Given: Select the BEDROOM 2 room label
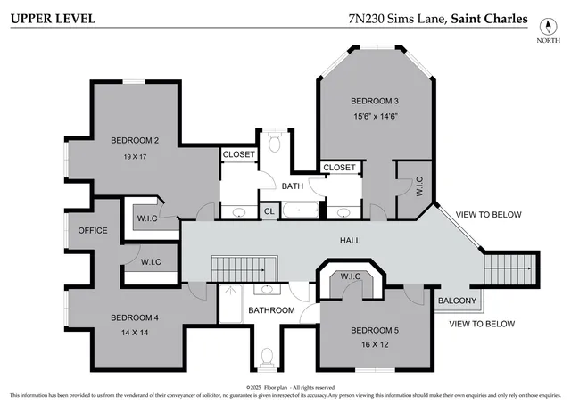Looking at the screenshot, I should click(135, 140).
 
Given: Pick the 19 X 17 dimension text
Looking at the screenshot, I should click(135, 156).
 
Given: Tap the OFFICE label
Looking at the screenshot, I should click(92, 230).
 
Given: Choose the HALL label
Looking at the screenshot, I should click(349, 241).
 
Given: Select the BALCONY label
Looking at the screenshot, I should click(457, 301).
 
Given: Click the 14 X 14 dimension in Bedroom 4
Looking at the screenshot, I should click(135, 333).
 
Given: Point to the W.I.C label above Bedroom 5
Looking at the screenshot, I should click(350, 276).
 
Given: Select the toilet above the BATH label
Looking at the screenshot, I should click(275, 141).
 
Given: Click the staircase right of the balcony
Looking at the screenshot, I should click(512, 268).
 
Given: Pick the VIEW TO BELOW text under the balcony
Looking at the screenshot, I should click(481, 324).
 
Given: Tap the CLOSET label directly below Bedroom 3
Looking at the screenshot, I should click(339, 167).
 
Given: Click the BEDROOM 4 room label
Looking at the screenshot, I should click(135, 317).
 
